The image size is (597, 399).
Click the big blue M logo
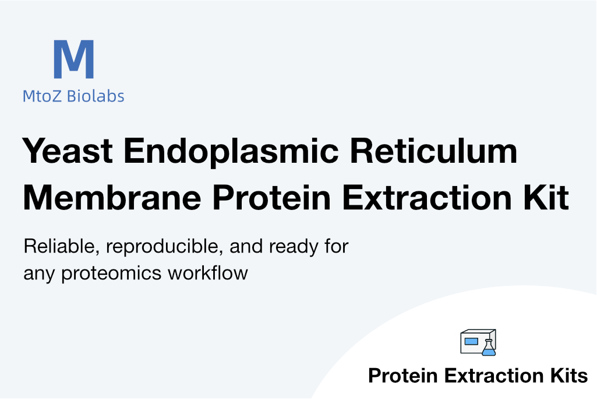[74, 59]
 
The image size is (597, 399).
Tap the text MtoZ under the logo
[41, 96]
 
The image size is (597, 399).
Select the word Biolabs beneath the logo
[96, 96]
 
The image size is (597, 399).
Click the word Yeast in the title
[68, 150]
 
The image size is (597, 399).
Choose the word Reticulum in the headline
[433, 150]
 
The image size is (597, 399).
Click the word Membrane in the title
[112, 197]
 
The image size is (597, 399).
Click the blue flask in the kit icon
[489, 348]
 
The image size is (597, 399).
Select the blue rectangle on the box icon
[471, 341]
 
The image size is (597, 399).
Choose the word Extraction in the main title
[428, 197]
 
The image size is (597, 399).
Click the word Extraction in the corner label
[493, 375]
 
